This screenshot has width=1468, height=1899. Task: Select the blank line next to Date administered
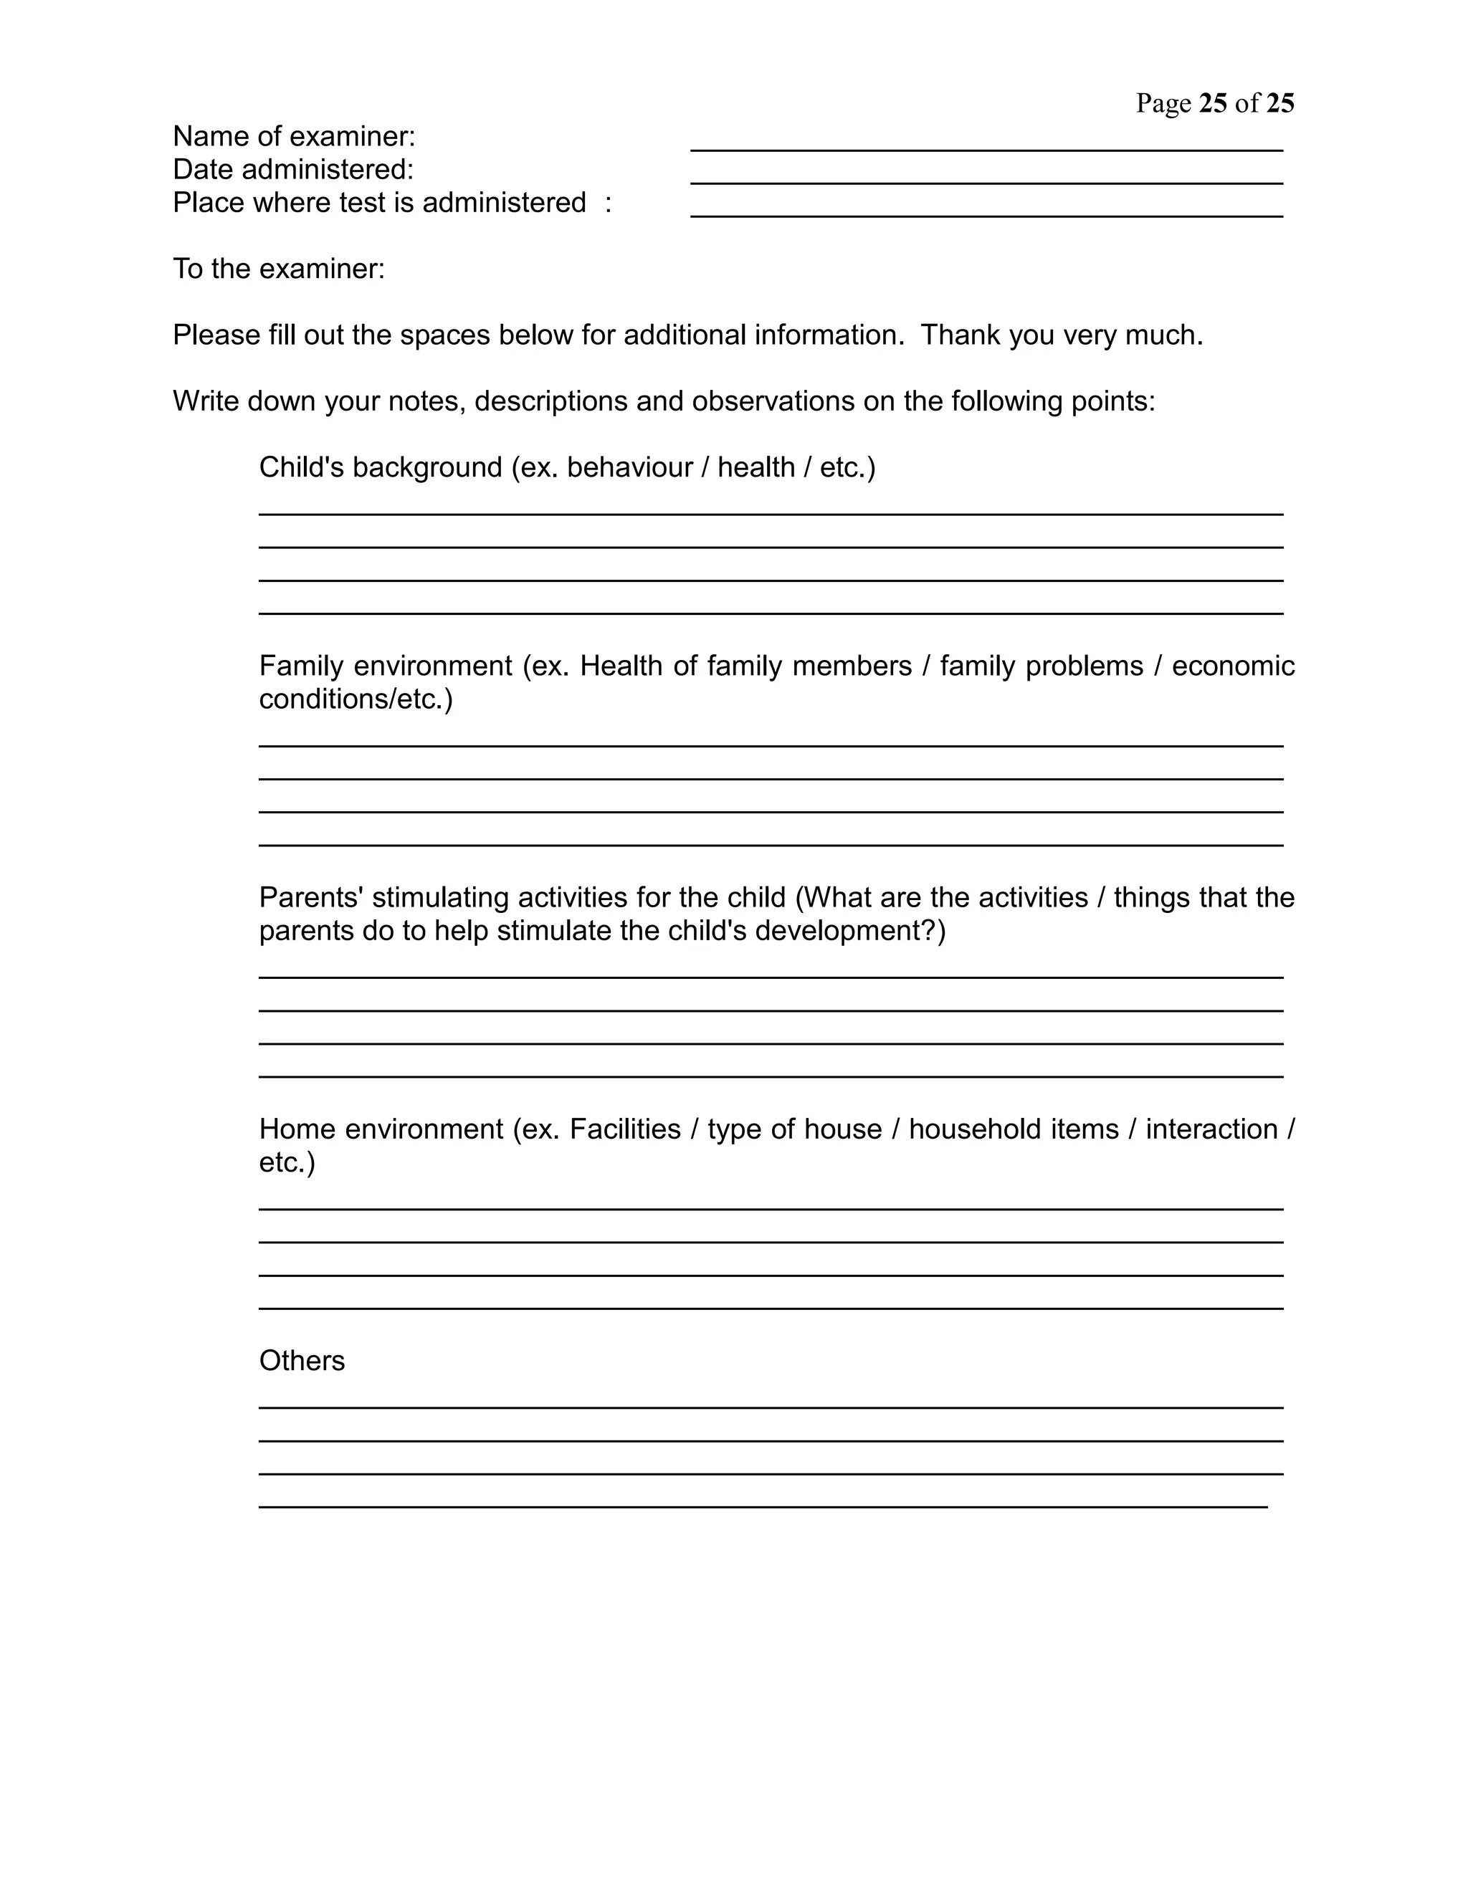pyautogui.click(x=986, y=182)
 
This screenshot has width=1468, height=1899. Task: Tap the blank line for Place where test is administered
pyautogui.click(x=986, y=215)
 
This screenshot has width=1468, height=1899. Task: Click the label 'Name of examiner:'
pyautogui.click(x=294, y=136)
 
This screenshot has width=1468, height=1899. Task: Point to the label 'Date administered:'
pyautogui.click(x=293, y=170)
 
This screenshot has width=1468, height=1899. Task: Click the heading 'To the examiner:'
pyautogui.click(x=278, y=269)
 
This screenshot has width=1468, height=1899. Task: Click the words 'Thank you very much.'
pyautogui.click(x=1062, y=335)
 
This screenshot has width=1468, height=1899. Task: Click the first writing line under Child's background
pyautogui.click(x=771, y=513)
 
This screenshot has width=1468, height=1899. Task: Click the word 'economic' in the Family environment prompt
pyautogui.click(x=1232, y=666)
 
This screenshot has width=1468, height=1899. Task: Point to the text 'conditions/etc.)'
pyautogui.click(x=356, y=699)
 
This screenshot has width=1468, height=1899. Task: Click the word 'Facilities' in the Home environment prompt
pyautogui.click(x=624, y=1129)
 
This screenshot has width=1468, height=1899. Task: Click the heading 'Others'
pyautogui.click(x=302, y=1361)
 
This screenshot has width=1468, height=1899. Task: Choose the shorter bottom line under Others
pyautogui.click(x=763, y=1506)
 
